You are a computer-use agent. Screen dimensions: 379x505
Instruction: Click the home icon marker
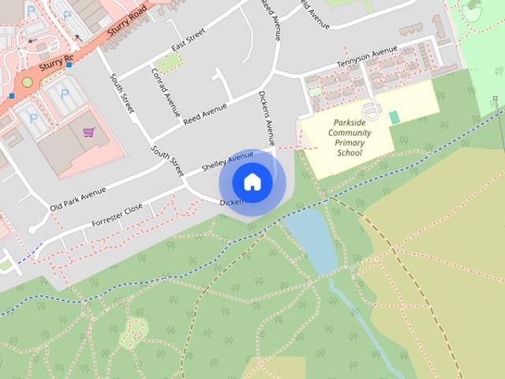[x=252, y=182]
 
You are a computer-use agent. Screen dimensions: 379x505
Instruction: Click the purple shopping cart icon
[x=89, y=132]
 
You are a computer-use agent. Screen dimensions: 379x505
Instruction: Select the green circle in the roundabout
[x=28, y=82]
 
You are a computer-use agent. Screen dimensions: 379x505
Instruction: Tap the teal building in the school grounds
[x=395, y=117]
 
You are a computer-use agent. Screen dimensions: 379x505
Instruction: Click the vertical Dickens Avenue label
[x=266, y=118]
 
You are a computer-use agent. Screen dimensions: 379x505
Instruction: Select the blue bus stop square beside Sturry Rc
[x=69, y=65]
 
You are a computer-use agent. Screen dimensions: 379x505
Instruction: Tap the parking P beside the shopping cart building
[x=34, y=118]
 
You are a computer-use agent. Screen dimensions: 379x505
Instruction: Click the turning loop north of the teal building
[x=372, y=108]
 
